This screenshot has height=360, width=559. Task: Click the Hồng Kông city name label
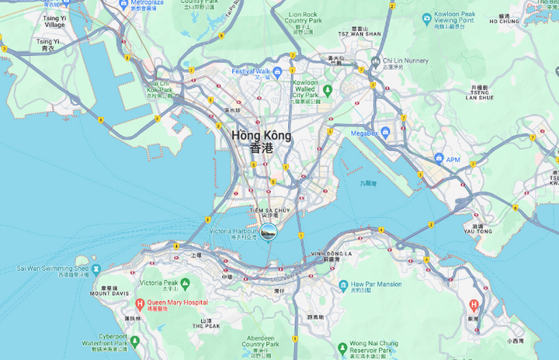262,135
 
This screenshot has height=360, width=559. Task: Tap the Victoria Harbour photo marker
268,231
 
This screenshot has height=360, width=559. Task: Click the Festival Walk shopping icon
276,71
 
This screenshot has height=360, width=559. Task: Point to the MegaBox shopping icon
385,133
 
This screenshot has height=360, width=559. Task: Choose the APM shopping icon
439,158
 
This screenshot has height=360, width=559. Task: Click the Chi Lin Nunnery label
404,61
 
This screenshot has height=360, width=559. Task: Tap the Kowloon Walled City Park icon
327,90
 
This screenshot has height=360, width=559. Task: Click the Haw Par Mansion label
377,285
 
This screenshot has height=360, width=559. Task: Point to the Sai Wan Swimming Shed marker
96,269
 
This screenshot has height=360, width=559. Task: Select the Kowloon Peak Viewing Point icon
426,19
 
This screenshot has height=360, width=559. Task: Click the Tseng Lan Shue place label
480,92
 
